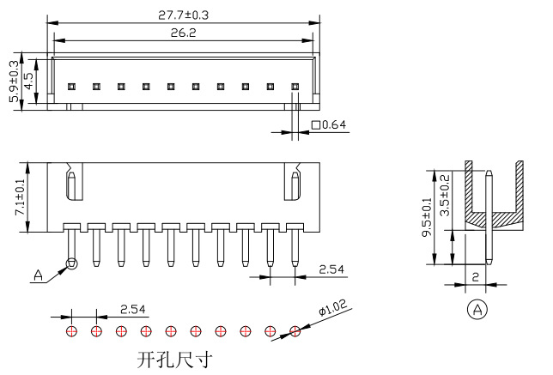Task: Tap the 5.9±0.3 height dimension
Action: point(14,82)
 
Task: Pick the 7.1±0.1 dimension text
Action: point(18,197)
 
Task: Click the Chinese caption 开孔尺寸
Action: point(174,359)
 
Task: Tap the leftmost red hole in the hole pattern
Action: point(71,330)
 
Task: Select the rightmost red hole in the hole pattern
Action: point(295,330)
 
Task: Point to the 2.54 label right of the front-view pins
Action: point(332,269)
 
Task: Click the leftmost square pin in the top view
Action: point(72,87)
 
